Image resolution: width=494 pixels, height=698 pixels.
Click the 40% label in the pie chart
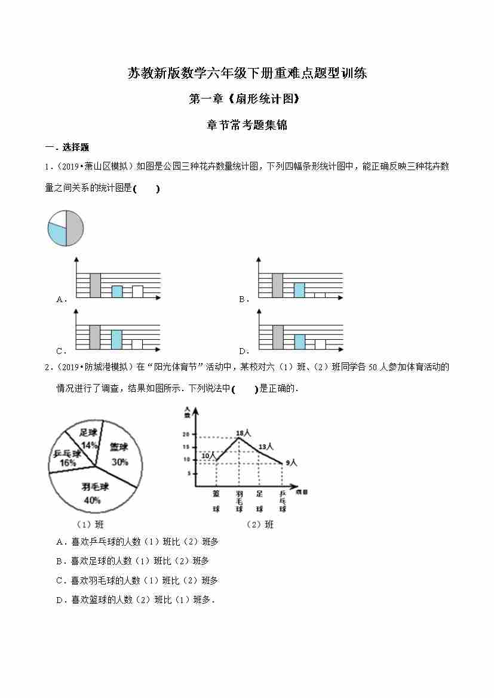click(92, 500)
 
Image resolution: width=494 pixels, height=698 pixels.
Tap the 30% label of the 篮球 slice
click(119, 462)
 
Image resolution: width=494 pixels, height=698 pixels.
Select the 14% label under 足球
click(90, 445)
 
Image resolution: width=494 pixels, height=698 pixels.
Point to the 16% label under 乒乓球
click(67, 463)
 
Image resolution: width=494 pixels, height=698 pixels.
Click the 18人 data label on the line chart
click(243, 432)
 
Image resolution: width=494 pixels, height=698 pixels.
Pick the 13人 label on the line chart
click(266, 446)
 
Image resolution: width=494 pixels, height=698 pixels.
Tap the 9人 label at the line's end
click(291, 462)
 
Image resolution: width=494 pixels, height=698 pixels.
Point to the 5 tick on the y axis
click(188, 473)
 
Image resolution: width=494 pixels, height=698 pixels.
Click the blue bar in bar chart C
click(116, 339)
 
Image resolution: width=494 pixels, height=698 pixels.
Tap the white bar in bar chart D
click(320, 344)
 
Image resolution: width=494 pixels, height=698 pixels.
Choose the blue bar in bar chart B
click(299, 290)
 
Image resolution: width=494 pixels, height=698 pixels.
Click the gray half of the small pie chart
click(75, 227)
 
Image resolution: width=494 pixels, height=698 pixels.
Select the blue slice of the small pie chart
click(57, 234)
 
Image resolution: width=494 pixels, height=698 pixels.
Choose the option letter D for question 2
click(60, 600)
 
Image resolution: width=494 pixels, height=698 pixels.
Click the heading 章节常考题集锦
click(247, 125)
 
